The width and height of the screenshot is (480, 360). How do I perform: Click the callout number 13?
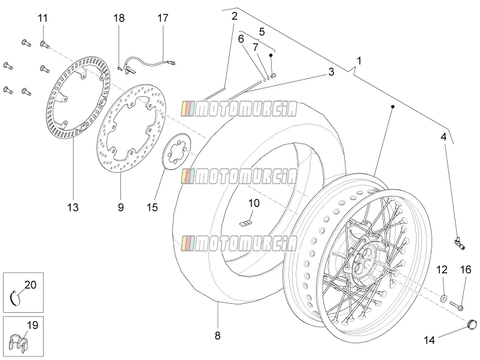point(73,208)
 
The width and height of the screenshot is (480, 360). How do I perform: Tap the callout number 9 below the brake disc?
point(121,208)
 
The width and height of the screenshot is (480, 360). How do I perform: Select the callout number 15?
point(152,208)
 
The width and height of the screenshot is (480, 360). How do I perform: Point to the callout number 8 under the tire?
point(217,336)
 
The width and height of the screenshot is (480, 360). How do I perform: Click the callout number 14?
point(429,340)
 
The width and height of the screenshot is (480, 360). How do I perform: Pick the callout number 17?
point(163,18)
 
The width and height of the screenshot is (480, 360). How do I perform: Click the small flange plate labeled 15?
point(177,150)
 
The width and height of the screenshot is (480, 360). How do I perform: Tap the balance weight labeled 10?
point(246,224)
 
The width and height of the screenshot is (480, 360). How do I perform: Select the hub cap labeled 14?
point(472,324)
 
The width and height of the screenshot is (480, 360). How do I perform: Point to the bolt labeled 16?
point(457,305)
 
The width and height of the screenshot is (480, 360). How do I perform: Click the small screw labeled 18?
point(120,68)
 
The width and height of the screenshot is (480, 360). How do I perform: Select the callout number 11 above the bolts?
point(43,18)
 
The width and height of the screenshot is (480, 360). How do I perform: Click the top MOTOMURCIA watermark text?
point(239,109)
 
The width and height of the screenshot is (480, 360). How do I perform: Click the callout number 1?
point(359,61)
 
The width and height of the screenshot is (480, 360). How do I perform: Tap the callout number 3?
point(331,72)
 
